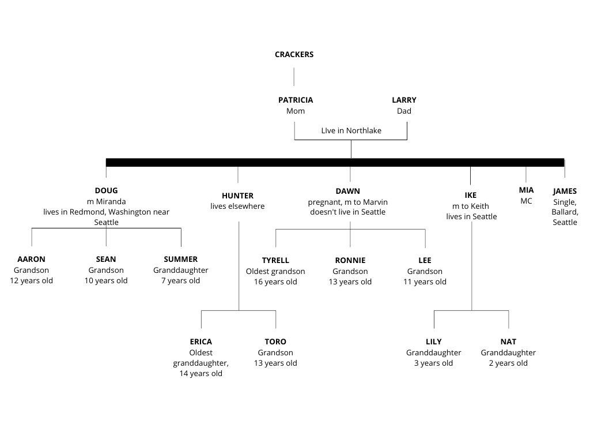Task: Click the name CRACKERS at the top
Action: point(294,54)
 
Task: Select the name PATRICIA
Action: point(296,100)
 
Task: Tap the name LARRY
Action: point(404,100)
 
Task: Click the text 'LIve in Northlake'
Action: point(351,130)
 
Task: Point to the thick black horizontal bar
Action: point(335,162)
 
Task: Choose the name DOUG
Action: point(106,190)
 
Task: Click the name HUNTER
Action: point(238,196)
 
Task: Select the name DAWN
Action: point(347,192)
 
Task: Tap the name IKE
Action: point(471,195)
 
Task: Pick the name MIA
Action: point(527,190)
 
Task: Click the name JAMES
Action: point(565,192)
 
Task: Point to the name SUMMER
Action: point(180,259)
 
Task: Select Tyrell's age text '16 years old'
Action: point(275,281)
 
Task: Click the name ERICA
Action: point(201,341)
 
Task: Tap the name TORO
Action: point(275,341)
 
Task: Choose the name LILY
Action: point(434,341)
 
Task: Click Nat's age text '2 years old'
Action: point(508,363)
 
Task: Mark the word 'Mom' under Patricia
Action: point(296,111)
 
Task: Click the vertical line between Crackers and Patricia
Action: point(294,77)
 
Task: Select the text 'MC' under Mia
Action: point(527,201)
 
